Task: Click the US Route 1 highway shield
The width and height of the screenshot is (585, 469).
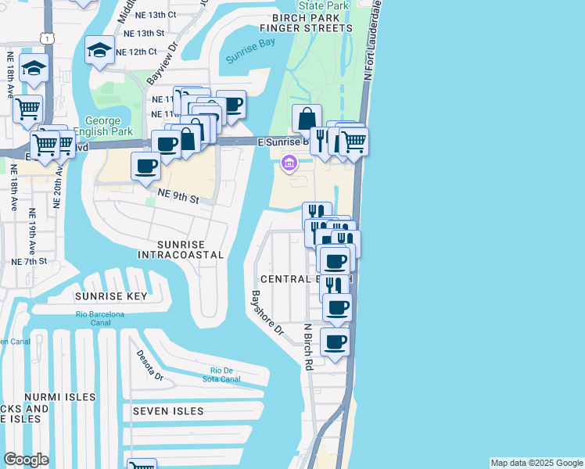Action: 49,38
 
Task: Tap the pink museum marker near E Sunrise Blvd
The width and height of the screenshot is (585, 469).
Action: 289,163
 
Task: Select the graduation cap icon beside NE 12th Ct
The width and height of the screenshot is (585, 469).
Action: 99,51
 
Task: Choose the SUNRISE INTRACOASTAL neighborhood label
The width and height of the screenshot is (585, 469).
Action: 180,249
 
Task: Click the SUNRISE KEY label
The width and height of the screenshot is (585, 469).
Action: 111,296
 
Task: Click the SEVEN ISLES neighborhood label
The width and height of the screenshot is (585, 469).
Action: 167,411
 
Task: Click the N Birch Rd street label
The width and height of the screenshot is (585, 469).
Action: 308,346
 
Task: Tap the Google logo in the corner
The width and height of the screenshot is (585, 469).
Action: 26,460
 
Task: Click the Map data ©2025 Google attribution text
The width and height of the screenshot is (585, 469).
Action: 536,463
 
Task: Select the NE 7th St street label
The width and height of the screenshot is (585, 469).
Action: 28,260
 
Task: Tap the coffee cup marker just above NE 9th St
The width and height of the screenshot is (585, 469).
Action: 146,166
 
